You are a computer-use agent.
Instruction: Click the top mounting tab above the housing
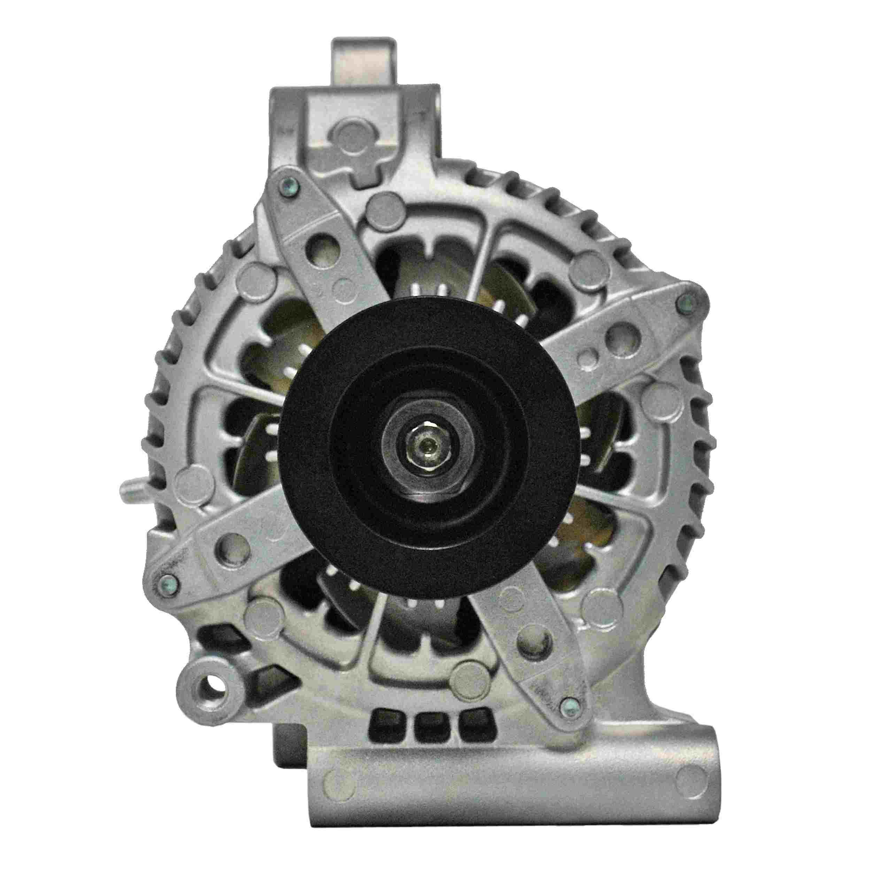[364, 59]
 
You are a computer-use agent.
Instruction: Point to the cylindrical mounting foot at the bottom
[505, 802]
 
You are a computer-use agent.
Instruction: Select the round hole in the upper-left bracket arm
[319, 247]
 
